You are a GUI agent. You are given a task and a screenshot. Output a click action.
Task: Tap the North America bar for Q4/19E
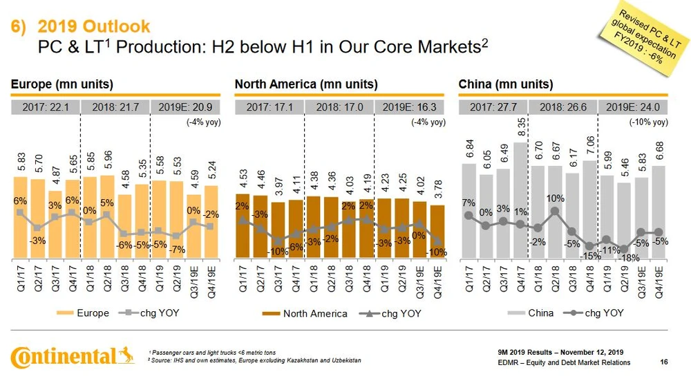[x=437, y=231]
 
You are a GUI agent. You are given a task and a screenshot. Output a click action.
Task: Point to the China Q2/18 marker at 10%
[x=555, y=212]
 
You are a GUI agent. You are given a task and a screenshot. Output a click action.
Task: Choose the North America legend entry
[x=305, y=314]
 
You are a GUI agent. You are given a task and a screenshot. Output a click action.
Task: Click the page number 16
[x=664, y=362]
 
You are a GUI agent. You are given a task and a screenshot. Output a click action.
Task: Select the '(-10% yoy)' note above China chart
[x=648, y=122]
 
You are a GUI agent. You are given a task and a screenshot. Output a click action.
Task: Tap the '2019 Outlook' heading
[x=93, y=26]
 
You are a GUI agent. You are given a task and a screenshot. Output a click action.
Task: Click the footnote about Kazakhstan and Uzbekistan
[x=254, y=362]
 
